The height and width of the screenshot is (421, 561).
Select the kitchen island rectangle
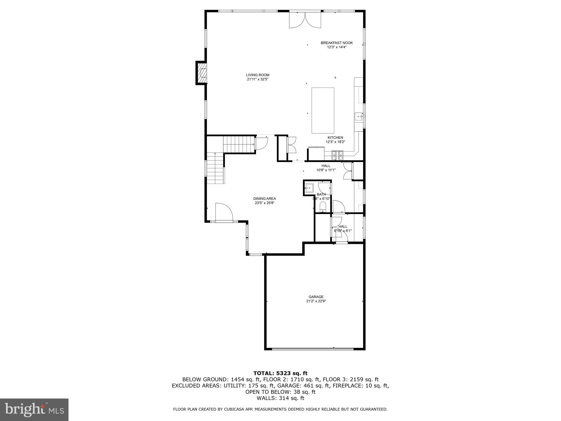coord(323,110)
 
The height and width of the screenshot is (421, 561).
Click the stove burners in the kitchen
coord(337,155)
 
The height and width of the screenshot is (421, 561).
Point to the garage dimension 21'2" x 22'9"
coord(316,301)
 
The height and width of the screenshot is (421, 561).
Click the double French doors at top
coord(305,20)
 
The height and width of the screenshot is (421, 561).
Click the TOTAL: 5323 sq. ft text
coord(280,373)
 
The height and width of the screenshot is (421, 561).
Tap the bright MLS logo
coord(34,409)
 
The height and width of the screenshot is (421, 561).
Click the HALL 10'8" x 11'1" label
coord(326,168)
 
